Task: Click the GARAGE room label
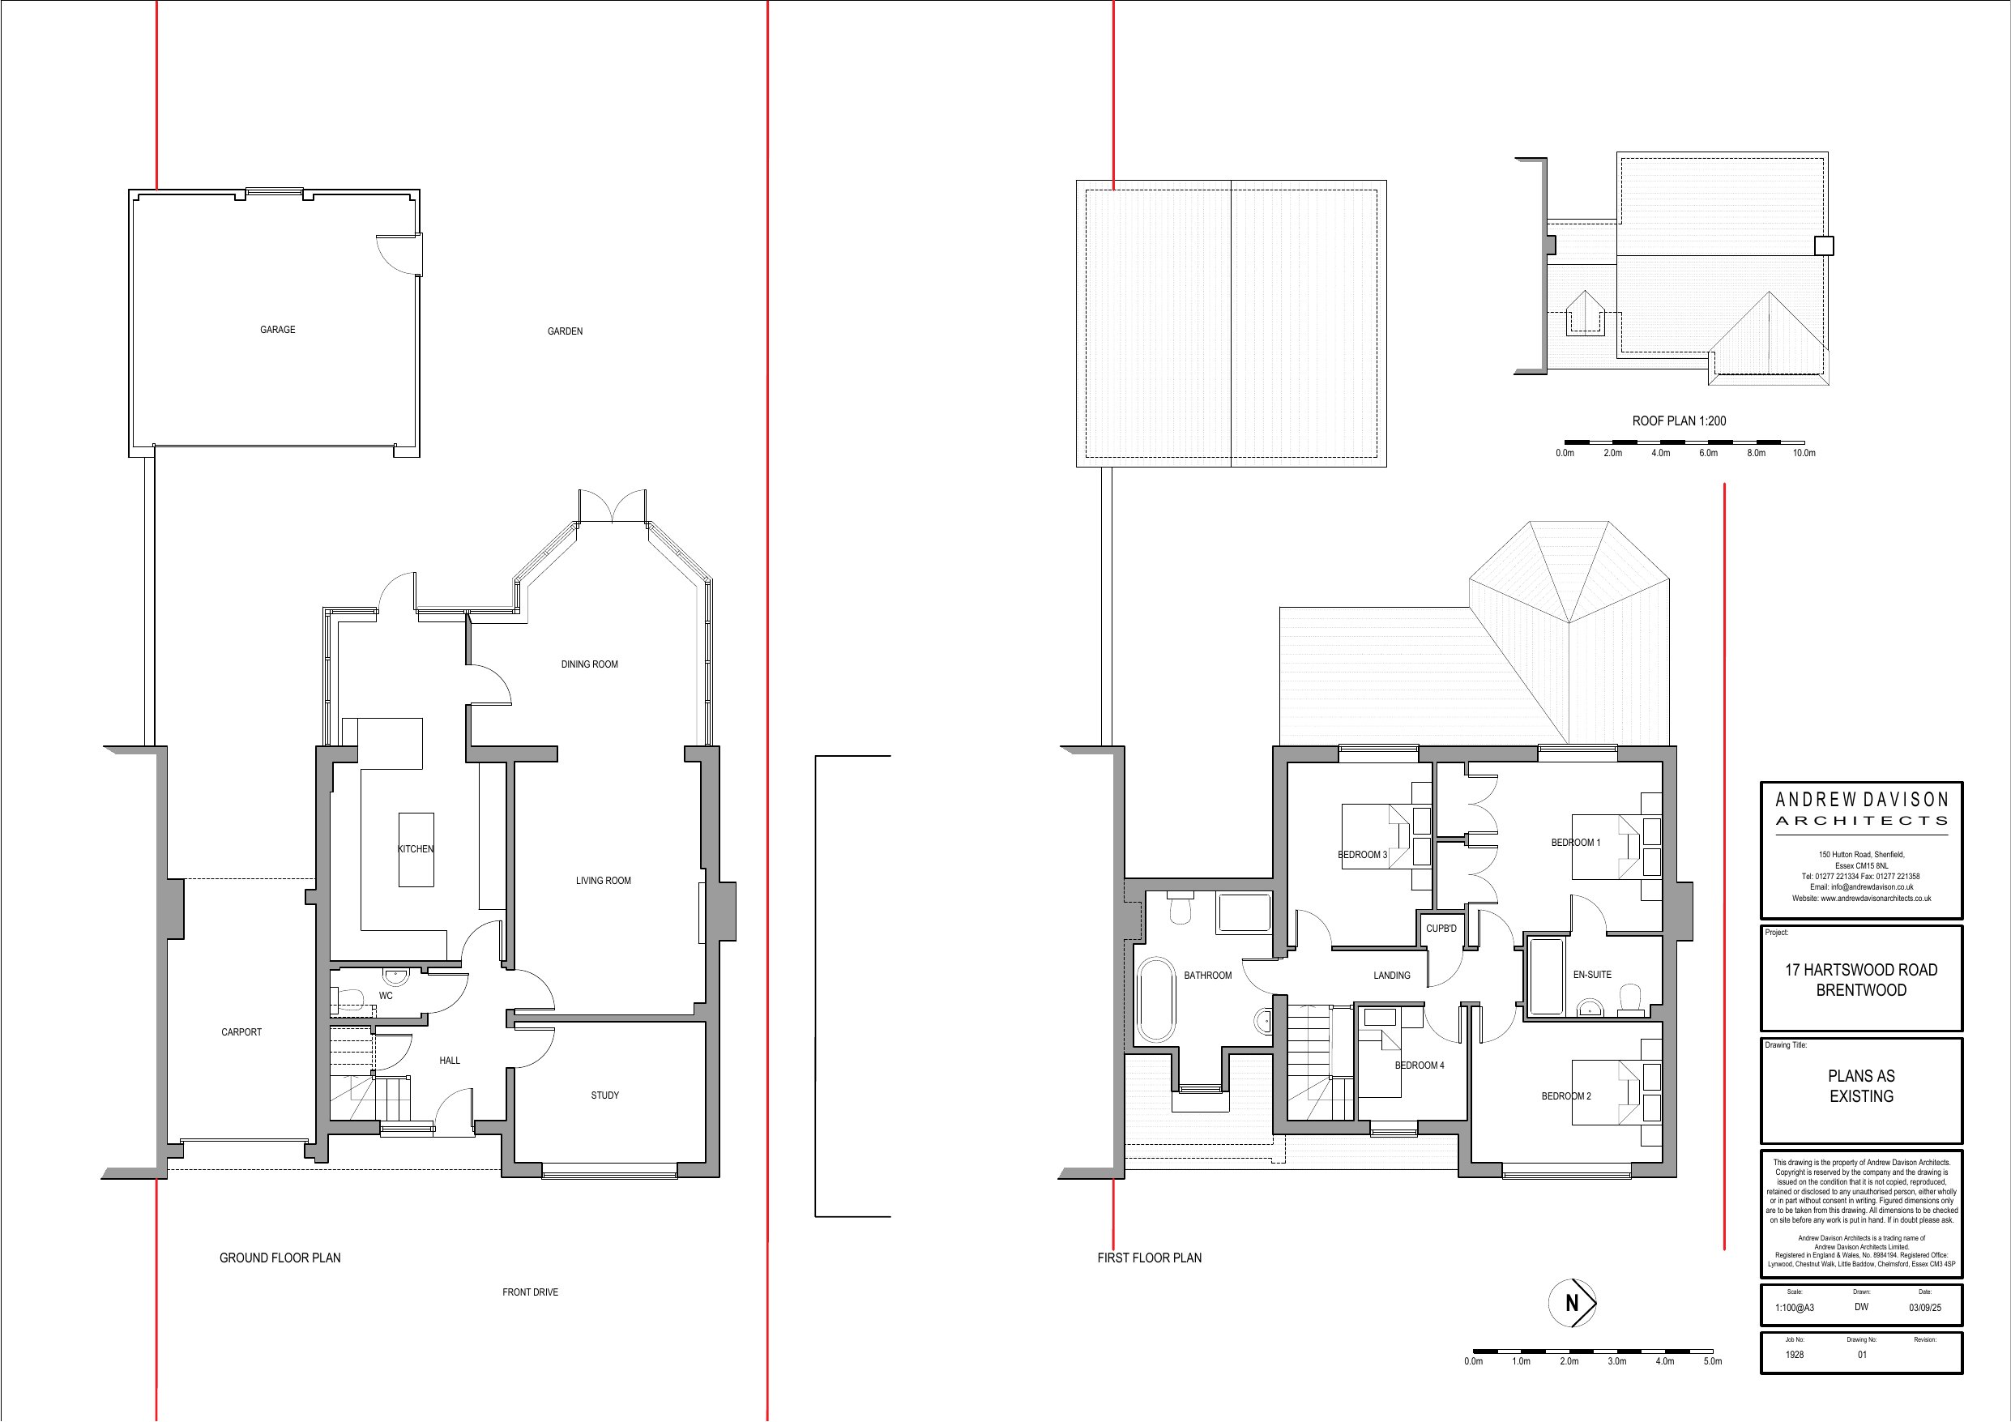[278, 331]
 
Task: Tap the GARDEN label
[565, 331]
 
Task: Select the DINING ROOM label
[590, 664]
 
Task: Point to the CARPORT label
[241, 1032]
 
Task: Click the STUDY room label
[604, 1095]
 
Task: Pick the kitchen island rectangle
[416, 850]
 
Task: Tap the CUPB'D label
[1441, 929]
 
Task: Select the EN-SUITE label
[1591, 974]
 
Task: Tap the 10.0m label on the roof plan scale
[1804, 453]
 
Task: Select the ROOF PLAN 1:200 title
[1679, 421]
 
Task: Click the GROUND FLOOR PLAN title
[280, 1258]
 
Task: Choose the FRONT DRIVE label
[530, 1292]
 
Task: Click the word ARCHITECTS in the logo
[1861, 821]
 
